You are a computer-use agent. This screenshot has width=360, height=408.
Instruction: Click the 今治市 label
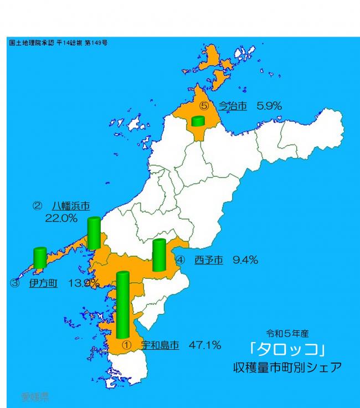pos(232,105)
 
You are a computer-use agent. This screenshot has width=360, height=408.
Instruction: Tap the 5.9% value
pos(270,105)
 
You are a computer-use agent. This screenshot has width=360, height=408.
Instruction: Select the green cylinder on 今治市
pos(198,121)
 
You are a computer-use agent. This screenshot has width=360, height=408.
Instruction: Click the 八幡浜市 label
pos(71,206)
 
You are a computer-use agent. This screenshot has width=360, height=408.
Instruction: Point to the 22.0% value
pos(61,218)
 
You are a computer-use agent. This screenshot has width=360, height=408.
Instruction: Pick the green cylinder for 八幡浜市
pos(94,233)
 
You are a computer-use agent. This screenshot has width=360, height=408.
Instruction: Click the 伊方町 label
pos(44,283)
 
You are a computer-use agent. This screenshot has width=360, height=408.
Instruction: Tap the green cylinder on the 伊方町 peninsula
pos(40,258)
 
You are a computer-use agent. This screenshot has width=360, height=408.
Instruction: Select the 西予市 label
pos(209,259)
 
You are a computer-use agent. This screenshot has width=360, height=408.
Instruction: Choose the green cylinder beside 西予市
pos(159,255)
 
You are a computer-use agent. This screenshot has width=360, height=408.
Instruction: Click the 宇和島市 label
pos(160,345)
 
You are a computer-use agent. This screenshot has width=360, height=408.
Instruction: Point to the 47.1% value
pos(205,345)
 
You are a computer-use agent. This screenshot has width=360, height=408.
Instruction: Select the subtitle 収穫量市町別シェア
pos(287,367)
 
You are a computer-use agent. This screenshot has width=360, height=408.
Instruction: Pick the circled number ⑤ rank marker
pos(204,105)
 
